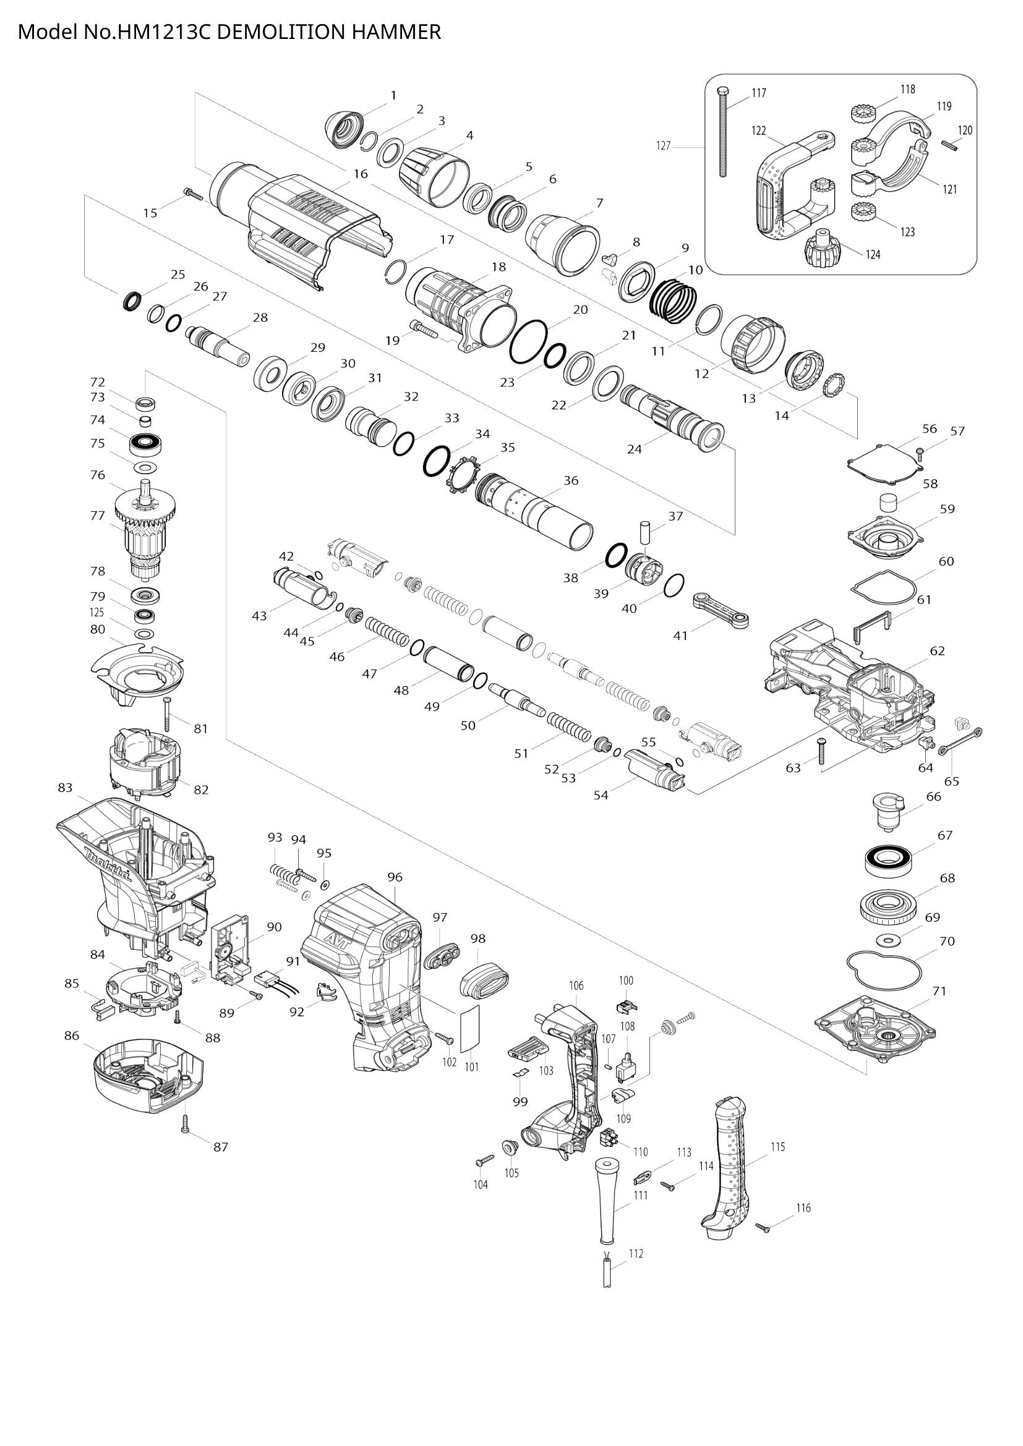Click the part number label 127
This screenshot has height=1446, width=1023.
[663, 147]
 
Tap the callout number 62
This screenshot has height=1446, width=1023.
[937, 650]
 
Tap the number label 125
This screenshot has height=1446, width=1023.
[96, 612]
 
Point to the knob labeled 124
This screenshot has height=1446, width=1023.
[822, 250]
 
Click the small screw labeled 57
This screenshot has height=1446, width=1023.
[920, 451]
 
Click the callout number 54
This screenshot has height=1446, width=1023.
[601, 795]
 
